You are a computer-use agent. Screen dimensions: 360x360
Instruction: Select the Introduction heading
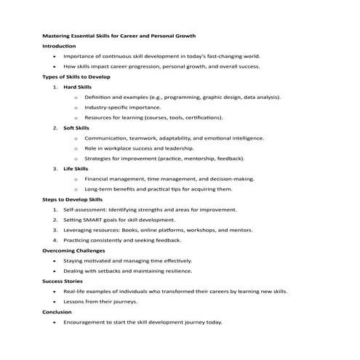pyautogui.click(x=59, y=45)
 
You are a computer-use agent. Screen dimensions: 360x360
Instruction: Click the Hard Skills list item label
pyautogui.click(x=78, y=86)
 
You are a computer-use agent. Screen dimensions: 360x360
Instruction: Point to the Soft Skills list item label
pyautogui.click(x=76, y=127)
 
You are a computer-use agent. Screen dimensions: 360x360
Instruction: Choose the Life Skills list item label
pyautogui.click(x=76, y=168)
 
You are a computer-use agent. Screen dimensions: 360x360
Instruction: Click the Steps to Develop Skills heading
pyautogui.click(x=73, y=199)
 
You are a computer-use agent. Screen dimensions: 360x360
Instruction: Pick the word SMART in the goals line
pyautogui.click(x=98, y=219)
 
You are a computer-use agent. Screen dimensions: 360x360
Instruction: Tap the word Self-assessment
pyautogui.click(x=85, y=209)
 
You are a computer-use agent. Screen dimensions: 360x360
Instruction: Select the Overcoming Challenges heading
pyautogui.click(x=75, y=250)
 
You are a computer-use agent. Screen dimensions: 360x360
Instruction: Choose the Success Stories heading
pyautogui.click(x=64, y=281)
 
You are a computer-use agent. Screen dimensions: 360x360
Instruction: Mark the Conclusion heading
pyautogui.click(x=57, y=311)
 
